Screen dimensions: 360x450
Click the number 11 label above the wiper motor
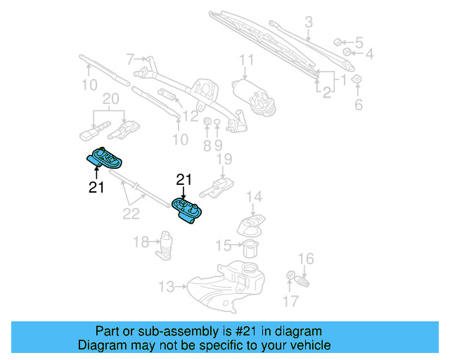pos(246,59)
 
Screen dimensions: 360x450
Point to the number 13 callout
pos(166,286)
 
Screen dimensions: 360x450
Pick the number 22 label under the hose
pos(131,213)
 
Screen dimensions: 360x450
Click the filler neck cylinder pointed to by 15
pos(250,248)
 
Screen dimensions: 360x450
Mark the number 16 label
pos(306,259)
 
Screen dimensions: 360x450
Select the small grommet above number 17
pos(290,275)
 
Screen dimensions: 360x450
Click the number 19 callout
pos(224,160)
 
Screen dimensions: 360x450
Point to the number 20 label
pos(111,99)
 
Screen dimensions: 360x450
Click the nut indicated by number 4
pos(347,53)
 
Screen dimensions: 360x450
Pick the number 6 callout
pos(358,105)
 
